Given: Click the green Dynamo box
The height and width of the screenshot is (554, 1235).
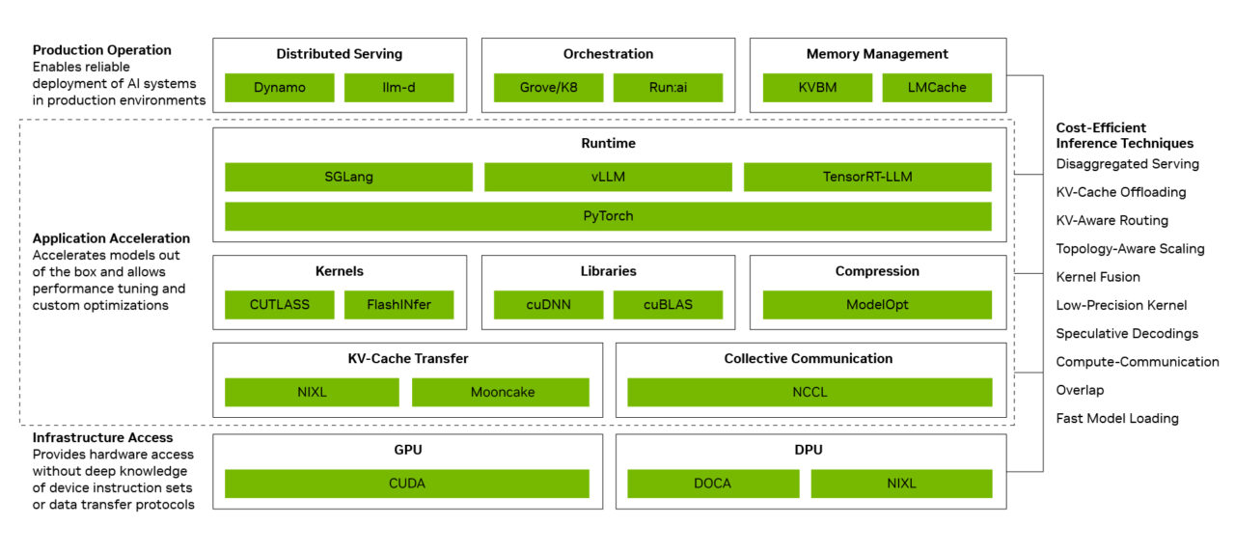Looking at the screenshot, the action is [x=280, y=88].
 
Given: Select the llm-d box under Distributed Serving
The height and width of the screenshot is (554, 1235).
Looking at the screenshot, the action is [x=399, y=88].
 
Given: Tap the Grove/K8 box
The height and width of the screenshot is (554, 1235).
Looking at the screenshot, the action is [x=549, y=88].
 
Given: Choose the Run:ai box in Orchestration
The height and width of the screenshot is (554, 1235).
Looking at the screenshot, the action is [x=669, y=88].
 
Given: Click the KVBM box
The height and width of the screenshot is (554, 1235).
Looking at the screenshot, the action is [x=817, y=88].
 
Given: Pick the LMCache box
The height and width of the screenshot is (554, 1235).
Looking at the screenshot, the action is [x=937, y=88].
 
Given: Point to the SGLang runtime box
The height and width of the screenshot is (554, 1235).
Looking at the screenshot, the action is [x=349, y=178].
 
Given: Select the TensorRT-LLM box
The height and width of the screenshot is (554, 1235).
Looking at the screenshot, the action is [x=867, y=178].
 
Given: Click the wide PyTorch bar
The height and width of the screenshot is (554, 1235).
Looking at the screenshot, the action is [x=608, y=216].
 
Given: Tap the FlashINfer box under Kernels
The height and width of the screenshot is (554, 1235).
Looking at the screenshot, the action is [x=399, y=305].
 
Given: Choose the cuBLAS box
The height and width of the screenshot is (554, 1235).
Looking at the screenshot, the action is [x=669, y=305].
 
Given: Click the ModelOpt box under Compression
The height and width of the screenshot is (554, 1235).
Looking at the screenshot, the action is [x=877, y=305].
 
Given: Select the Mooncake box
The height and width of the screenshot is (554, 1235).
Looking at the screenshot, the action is [x=501, y=392].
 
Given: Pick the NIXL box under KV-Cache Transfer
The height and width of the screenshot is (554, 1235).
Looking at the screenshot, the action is [x=312, y=392].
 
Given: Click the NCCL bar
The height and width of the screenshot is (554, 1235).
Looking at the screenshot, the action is [x=810, y=392].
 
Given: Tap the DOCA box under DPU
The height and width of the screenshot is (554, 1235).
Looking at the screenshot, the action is [x=713, y=484].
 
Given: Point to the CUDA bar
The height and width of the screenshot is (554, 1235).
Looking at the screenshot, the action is [x=407, y=484].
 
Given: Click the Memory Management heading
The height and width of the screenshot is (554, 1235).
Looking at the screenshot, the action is [x=877, y=54].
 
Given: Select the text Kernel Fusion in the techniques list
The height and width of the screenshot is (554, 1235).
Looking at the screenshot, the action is [x=1098, y=277].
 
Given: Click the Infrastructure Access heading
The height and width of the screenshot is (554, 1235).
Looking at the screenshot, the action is [x=102, y=437].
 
